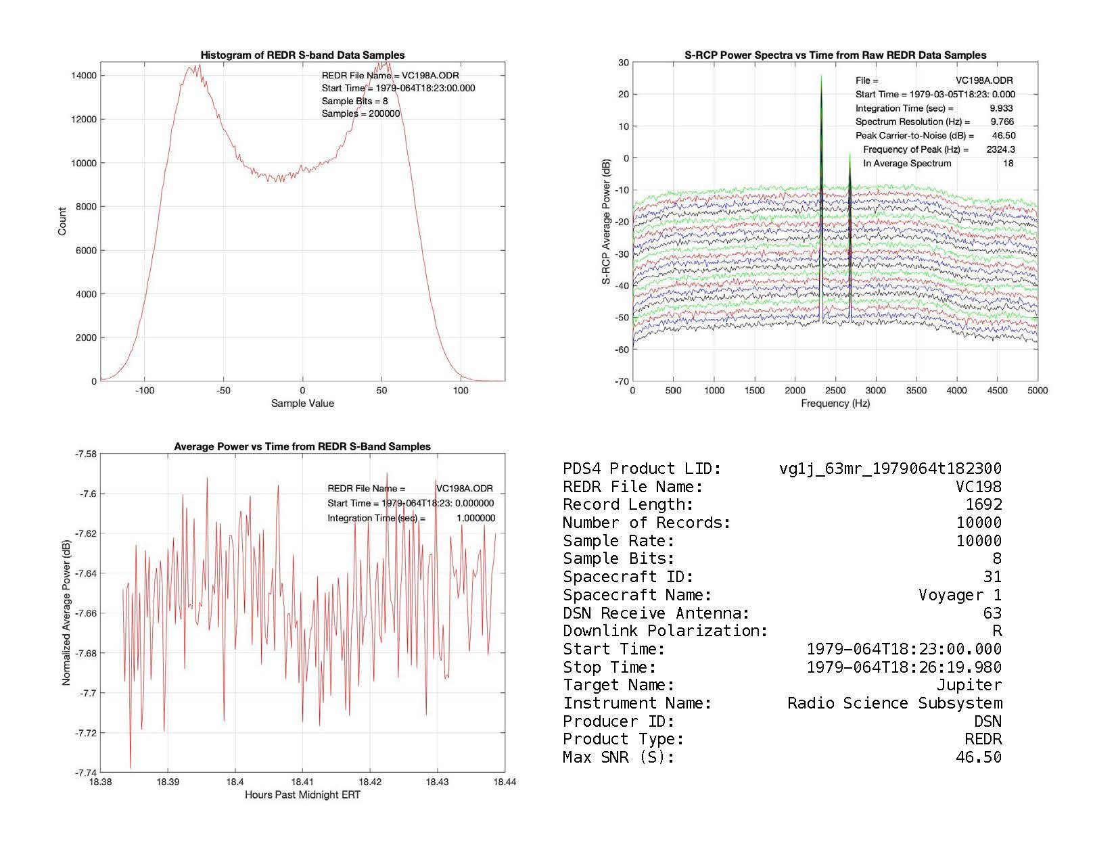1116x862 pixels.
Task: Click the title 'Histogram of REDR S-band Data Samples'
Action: click(x=302, y=55)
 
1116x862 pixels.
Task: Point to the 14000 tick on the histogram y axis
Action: click(x=84, y=76)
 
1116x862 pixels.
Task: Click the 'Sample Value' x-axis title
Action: click(x=302, y=404)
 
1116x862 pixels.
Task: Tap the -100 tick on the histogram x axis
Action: click(x=144, y=390)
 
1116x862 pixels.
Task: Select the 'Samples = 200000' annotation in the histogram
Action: click(x=361, y=114)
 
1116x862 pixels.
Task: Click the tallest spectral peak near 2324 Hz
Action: click(x=821, y=77)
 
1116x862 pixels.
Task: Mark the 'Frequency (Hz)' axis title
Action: click(x=835, y=404)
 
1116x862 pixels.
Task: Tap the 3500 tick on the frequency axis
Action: click(x=916, y=390)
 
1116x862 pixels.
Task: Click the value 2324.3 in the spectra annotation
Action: click(x=1000, y=149)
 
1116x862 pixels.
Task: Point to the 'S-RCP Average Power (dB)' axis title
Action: click(x=606, y=222)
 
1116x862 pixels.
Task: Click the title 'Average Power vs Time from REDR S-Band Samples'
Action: click(x=302, y=446)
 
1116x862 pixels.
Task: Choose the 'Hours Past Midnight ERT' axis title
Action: click(x=302, y=794)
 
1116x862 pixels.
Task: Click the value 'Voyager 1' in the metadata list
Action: click(x=960, y=595)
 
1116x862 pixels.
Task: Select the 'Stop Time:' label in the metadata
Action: click(x=609, y=667)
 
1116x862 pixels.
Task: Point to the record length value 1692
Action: click(x=983, y=504)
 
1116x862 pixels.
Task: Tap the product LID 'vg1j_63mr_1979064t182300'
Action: click(x=890, y=469)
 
